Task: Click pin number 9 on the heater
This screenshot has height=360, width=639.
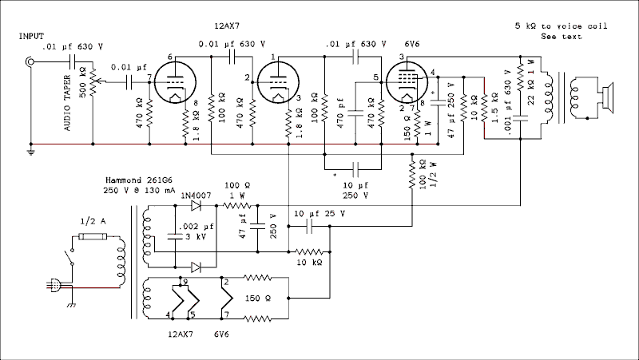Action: coord(185,282)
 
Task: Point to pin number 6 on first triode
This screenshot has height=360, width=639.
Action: coord(170,57)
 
